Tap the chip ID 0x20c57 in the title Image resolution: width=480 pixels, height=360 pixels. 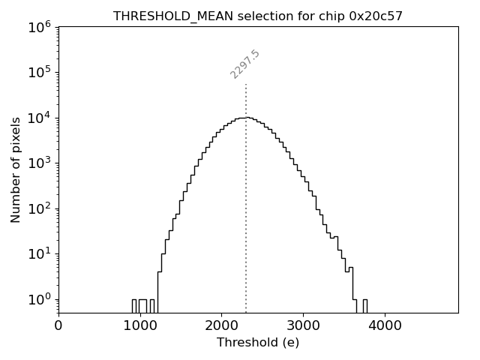(x=376, y=16)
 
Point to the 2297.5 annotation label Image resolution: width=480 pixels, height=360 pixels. (x=245, y=64)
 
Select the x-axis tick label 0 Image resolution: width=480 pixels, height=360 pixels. (x=58, y=326)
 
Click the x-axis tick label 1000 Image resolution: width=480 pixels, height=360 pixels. (x=139, y=326)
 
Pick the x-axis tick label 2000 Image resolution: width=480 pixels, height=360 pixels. (x=221, y=326)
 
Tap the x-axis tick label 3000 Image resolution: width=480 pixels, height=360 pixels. (x=303, y=326)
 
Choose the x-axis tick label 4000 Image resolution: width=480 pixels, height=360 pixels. (x=385, y=326)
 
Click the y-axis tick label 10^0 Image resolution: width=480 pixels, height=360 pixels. (x=40, y=299)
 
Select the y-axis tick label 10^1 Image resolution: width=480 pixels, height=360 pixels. (x=40, y=253)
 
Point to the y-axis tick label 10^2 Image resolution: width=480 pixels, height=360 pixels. (x=40, y=208)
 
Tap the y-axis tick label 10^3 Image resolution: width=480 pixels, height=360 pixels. (x=40, y=163)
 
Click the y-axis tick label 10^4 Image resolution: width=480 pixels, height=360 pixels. (x=40, y=118)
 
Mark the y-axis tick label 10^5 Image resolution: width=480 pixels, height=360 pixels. (x=40, y=72)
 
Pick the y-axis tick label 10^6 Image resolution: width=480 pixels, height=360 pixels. (x=40, y=27)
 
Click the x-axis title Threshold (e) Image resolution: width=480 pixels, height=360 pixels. (x=258, y=343)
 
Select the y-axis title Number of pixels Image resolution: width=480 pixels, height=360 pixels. (x=16, y=170)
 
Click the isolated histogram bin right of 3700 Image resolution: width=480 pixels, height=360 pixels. (x=364, y=305)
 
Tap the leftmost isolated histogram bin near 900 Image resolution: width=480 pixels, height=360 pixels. (x=134, y=305)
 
